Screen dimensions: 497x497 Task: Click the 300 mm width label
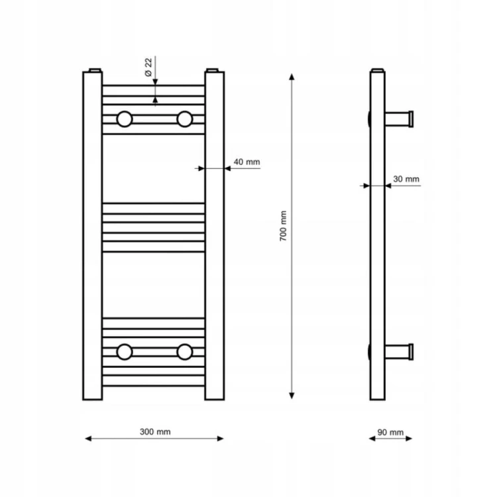(155, 431)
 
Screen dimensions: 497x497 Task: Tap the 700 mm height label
(283, 226)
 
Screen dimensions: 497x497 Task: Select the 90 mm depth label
(390, 432)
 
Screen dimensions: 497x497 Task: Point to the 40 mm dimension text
(247, 162)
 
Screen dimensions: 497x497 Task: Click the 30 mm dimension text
(406, 179)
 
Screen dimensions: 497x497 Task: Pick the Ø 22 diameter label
(148, 67)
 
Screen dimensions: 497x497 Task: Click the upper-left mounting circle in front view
(125, 119)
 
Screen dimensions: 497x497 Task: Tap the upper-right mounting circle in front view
(184, 119)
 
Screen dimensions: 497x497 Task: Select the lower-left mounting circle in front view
(125, 352)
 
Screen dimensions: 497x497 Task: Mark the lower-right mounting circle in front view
(184, 352)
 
